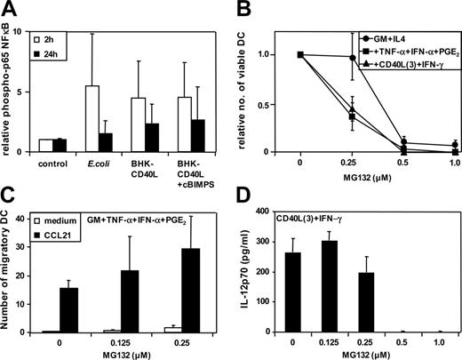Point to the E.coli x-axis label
pos(108,164)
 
